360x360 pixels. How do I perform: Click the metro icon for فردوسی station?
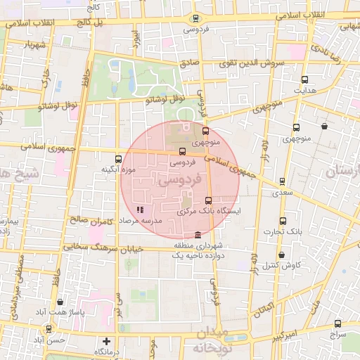pos(195,19)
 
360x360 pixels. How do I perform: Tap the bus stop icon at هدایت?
pos(304,79)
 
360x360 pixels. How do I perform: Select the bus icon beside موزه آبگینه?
pos(117,159)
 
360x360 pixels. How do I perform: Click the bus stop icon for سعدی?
pos(283,181)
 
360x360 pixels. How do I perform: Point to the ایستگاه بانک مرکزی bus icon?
pos(207,200)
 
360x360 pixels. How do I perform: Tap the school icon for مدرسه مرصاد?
pos(140,210)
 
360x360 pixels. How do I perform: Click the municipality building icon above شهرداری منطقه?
pos(198,234)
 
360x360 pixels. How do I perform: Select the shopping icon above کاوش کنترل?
pos(282,255)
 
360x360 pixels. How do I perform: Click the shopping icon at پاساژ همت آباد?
pos(60,302)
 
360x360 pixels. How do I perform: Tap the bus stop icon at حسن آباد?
pos(48,328)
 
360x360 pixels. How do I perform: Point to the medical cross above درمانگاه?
pos(106,341)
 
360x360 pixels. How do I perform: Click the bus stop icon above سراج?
pos(338,324)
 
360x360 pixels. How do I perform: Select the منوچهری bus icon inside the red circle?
pos(205,131)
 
